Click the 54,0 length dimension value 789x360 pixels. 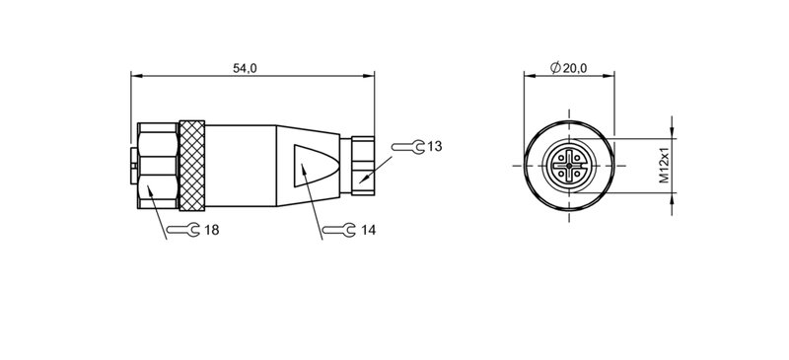pyautogui.click(x=244, y=67)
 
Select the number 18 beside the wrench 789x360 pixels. pyautogui.click(x=209, y=230)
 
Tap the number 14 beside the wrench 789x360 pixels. pyautogui.click(x=368, y=230)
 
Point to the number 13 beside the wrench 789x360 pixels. pyautogui.click(x=434, y=146)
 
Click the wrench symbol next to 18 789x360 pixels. pyautogui.click(x=180, y=230)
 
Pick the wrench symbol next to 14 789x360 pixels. pyautogui.click(x=339, y=230)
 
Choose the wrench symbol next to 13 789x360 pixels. pyautogui.click(x=407, y=147)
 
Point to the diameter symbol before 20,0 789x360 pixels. pyautogui.click(x=555, y=67)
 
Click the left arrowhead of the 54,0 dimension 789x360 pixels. pyautogui.click(x=136, y=75)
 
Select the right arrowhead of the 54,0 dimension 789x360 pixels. pyautogui.click(x=371, y=75)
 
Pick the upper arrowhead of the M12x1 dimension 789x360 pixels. pyautogui.click(x=674, y=131)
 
